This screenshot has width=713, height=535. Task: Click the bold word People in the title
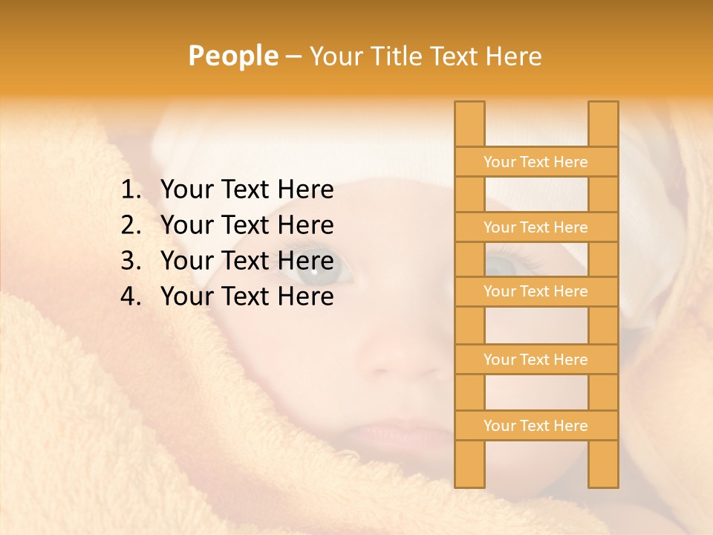[x=232, y=56]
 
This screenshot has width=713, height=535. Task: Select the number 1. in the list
[x=131, y=190]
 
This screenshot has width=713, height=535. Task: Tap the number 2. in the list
[x=131, y=225]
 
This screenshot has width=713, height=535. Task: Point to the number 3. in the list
[x=131, y=261]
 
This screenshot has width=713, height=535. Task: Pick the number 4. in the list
[x=131, y=296]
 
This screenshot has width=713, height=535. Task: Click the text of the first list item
[x=247, y=190]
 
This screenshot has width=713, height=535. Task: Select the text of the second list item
[x=247, y=225]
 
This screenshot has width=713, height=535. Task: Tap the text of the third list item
[x=247, y=261]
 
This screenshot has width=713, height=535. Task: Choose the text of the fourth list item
[x=247, y=296]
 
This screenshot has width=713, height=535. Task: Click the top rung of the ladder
[x=535, y=162]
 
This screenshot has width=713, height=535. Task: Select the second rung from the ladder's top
[x=535, y=227]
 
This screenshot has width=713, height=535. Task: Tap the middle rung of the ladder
[x=535, y=291]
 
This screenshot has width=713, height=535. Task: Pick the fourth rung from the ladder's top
[x=535, y=360]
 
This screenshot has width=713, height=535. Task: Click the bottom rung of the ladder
[x=535, y=426]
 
